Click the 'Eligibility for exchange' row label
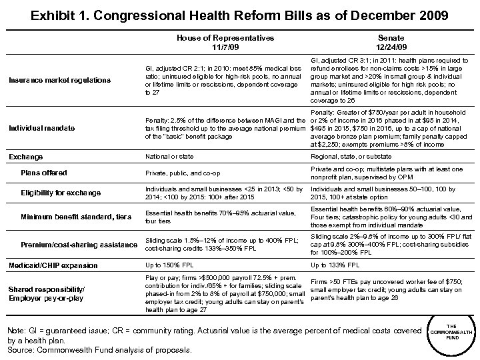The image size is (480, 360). (61, 193)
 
